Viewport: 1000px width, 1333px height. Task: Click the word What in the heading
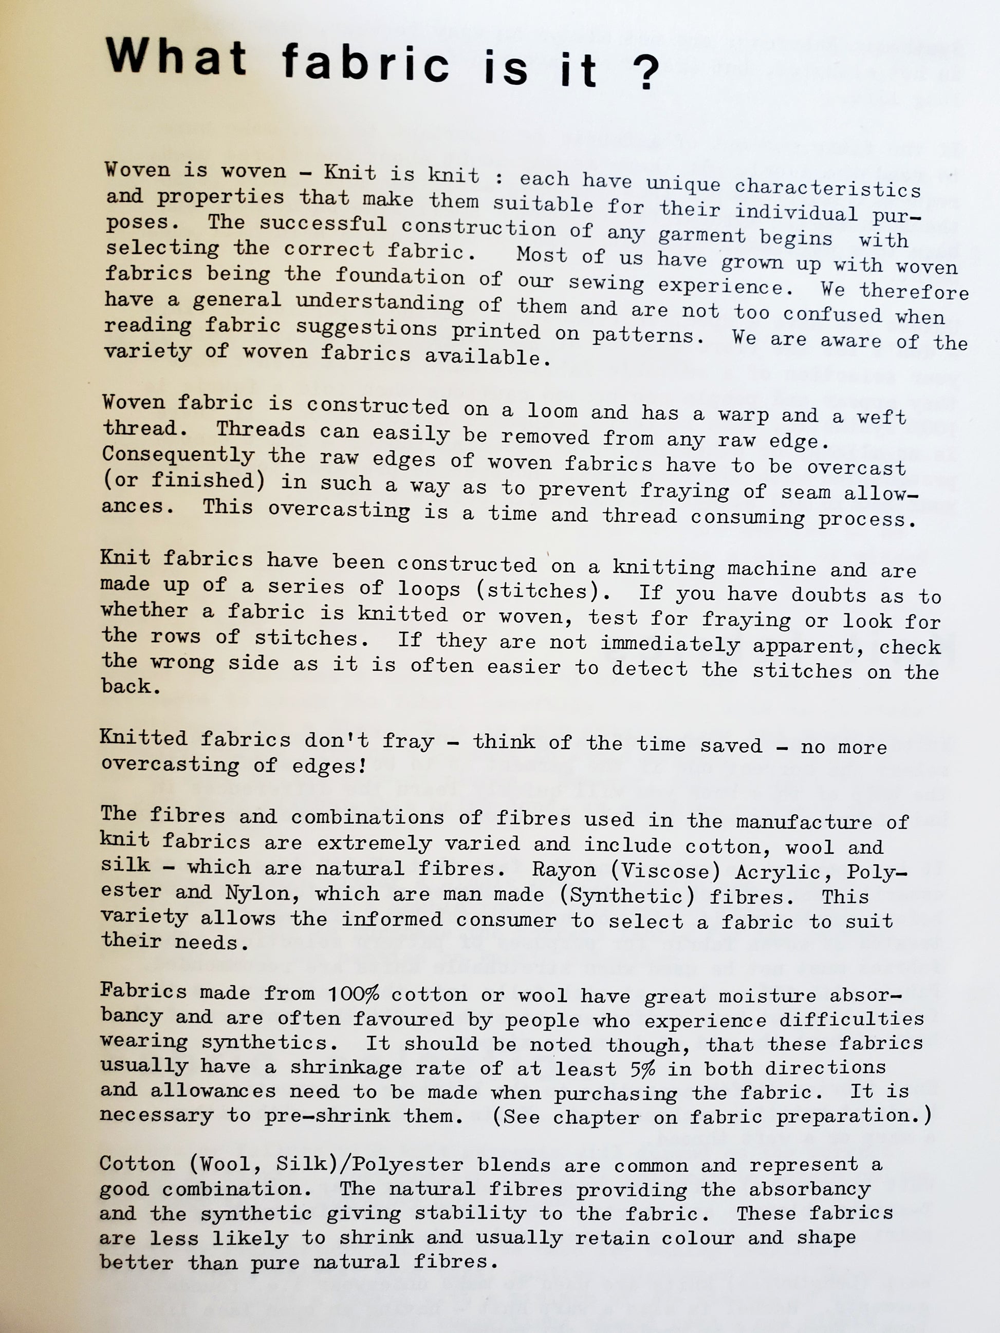[175, 57]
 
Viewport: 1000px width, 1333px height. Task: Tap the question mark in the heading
[646, 71]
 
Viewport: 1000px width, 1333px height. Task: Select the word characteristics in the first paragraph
[827, 187]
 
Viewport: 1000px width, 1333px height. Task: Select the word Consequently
[178, 455]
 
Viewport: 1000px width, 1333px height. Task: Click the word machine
[771, 568]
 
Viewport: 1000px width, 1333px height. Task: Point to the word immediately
[670, 644]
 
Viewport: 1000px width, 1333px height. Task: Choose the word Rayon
[564, 869]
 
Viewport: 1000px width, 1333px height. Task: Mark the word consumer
[506, 919]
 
